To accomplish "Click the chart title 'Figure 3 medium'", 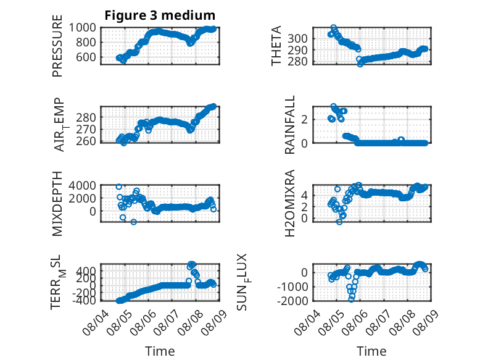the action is tap(160, 15).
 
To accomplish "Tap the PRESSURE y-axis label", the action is tap(57, 46).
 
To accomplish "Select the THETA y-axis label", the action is tap(276, 46).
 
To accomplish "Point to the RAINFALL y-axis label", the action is tap(289, 124).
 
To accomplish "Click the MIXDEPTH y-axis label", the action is tap(57, 204).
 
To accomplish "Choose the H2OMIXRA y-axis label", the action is tap(289, 203).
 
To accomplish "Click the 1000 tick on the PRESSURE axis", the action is tap(82, 28).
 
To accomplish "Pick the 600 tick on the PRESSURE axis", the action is tap(86, 57).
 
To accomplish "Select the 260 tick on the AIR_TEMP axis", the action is tap(86, 141).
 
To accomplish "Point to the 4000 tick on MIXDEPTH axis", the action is tap(82, 185).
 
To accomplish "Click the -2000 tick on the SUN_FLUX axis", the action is tap(292, 301).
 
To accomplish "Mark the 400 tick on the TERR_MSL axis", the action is tap(86, 271).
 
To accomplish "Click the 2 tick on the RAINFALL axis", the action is tap(304, 120).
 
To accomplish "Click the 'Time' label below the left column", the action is tap(160, 351).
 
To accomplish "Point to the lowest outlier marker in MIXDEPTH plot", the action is tap(134, 222).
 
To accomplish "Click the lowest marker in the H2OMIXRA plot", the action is tap(339, 222).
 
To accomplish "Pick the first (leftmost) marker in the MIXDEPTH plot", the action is tap(119, 186).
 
